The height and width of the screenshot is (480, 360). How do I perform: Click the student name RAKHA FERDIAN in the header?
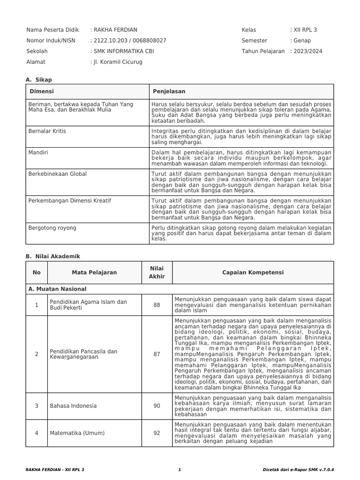[115, 30]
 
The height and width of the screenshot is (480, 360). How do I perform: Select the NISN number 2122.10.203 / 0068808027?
[129, 41]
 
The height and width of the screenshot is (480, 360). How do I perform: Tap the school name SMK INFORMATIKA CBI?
[123, 51]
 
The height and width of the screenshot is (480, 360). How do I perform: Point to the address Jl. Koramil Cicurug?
[117, 62]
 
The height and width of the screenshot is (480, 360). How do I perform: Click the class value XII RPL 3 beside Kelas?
[305, 30]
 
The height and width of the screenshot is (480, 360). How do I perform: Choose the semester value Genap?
[301, 41]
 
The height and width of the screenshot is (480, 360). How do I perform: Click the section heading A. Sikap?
[39, 80]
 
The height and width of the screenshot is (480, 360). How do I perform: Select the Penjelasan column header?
[169, 91]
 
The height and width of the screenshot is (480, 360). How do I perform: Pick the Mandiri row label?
[38, 152]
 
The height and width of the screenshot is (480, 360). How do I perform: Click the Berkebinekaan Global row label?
[58, 174]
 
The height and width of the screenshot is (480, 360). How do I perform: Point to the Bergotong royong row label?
[52, 228]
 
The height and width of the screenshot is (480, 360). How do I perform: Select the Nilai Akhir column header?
[157, 272]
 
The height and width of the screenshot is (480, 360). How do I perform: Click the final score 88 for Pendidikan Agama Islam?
[157, 305]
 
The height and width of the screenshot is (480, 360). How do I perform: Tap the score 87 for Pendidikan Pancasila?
[157, 354]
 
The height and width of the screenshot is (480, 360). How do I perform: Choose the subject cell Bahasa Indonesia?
[73, 406]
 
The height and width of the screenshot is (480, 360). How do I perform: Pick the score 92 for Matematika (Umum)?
[157, 433]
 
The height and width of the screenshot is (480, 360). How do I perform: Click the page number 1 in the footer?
[180, 469]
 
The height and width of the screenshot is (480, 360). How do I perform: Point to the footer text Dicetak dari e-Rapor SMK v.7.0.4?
[301, 469]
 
